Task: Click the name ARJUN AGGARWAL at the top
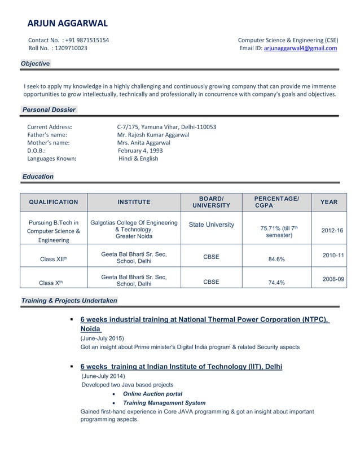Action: (67, 23)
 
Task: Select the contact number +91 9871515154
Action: (87, 40)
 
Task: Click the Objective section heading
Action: (35, 64)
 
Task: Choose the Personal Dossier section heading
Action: (49, 109)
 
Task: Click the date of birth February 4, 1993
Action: (140, 151)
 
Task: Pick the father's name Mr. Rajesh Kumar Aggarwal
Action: (153, 135)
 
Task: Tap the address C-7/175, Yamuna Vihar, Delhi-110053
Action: (166, 127)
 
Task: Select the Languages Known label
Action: (52, 159)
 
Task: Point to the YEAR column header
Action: (329, 202)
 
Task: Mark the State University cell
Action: (211, 225)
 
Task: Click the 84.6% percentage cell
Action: (276, 260)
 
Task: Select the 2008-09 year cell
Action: (333, 279)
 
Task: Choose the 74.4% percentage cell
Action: (276, 283)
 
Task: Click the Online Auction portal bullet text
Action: (152, 394)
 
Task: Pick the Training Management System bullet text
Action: (164, 403)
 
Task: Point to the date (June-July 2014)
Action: (104, 376)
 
